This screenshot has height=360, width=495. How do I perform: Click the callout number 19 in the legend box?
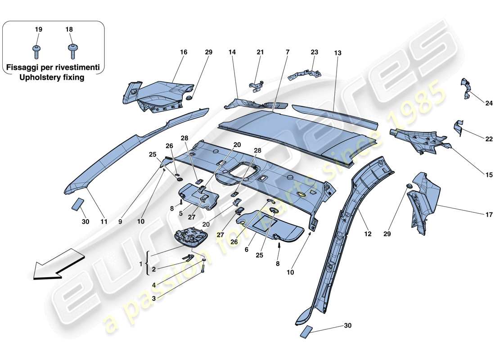(x=38, y=29)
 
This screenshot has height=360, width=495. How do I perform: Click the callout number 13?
(x=337, y=53)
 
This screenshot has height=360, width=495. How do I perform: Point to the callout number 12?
(x=369, y=234)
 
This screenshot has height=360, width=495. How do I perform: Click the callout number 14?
(x=232, y=52)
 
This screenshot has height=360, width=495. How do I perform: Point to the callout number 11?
(x=104, y=221)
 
